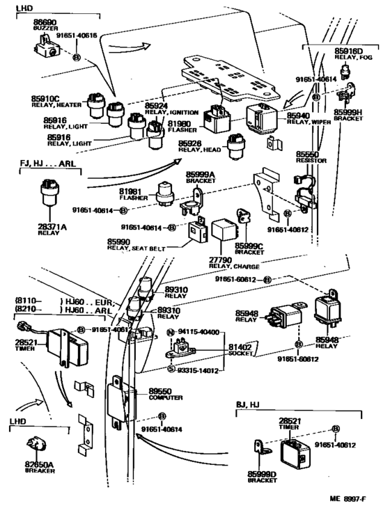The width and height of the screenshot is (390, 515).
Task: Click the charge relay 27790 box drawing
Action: (x=226, y=233)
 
